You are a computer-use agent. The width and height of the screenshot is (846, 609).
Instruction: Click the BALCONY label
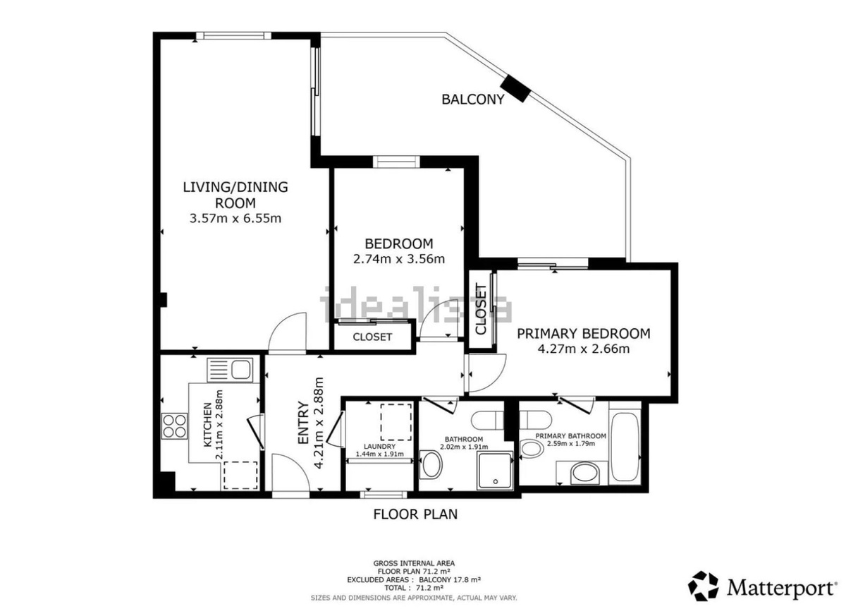[473, 100]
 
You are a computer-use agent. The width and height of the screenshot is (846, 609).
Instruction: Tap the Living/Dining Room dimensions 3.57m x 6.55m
[235, 219]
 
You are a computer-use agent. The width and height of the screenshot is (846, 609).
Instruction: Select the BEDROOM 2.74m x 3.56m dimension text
[399, 259]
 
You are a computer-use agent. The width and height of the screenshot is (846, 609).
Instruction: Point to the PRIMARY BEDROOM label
[584, 333]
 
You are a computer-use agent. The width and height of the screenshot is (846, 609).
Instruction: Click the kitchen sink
[230, 370]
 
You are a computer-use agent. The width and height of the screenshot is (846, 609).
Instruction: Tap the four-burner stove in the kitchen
[174, 426]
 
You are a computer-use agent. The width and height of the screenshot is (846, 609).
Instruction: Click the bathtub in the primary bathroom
[625, 447]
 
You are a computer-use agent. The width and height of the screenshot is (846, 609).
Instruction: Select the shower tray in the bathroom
[495, 471]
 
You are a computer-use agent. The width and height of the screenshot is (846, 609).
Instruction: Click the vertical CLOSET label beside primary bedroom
[481, 309]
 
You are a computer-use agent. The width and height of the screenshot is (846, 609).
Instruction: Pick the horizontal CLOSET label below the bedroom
[372, 337]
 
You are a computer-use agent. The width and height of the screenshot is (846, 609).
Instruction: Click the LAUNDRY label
[379, 447]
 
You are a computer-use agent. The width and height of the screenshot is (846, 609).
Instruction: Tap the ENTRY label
[304, 423]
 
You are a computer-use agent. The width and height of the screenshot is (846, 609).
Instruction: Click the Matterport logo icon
[703, 586]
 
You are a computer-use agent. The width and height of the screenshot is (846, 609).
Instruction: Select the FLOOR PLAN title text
[415, 514]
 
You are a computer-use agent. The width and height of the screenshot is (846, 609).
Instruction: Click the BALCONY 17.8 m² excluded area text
[450, 579]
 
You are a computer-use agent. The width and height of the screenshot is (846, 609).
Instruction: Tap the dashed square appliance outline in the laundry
[396, 422]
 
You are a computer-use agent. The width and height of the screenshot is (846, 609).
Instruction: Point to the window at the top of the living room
[233, 36]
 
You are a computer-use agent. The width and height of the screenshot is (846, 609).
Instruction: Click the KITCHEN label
[208, 424]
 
